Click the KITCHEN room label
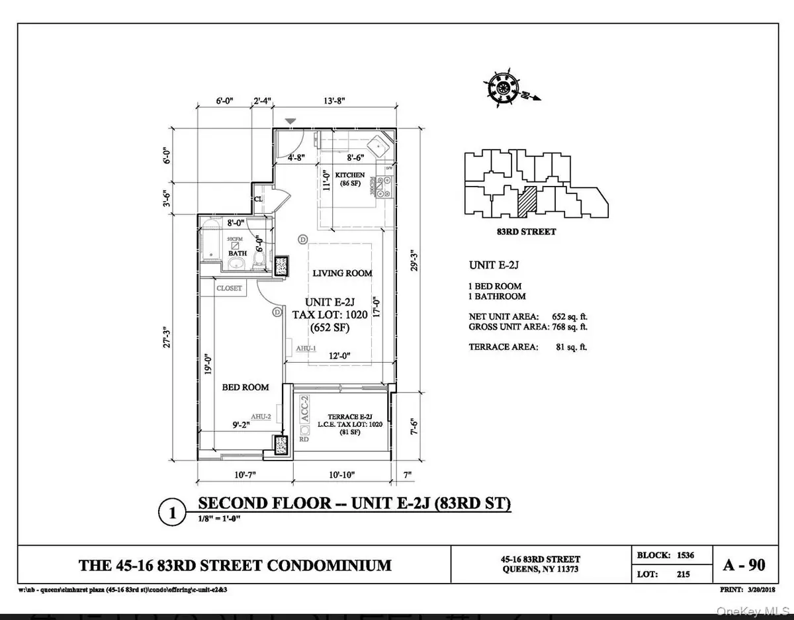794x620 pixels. (x=350, y=175)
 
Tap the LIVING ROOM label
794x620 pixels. (x=342, y=273)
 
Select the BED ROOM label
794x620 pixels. (x=245, y=386)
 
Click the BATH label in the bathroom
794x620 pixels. (x=237, y=253)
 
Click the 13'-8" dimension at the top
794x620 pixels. (x=335, y=101)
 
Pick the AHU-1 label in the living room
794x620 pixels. (x=305, y=347)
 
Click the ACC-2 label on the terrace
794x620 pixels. (x=305, y=410)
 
